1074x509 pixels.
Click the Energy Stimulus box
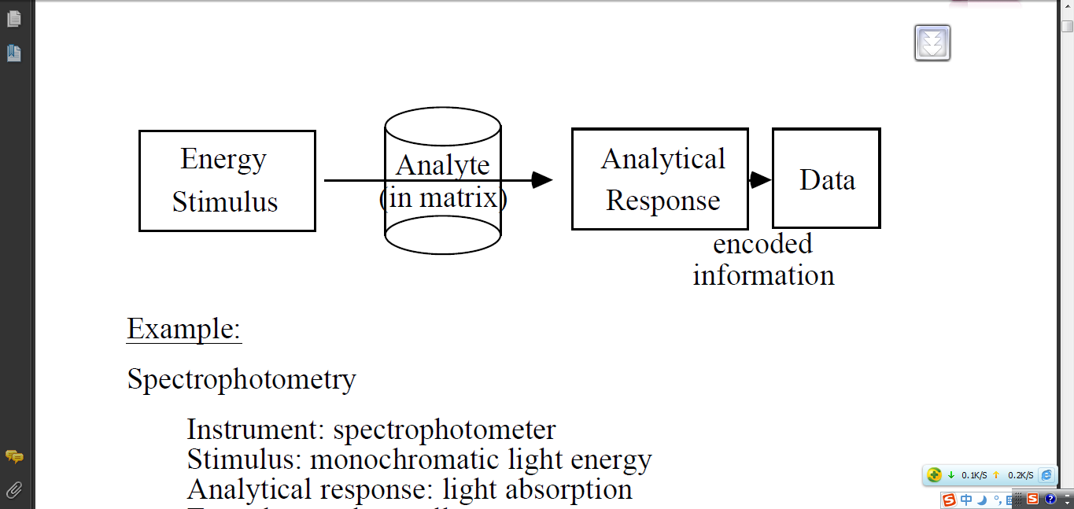pyautogui.click(x=227, y=181)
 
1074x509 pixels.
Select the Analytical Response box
pyautogui.click(x=659, y=179)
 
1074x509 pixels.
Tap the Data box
pyautogui.click(x=826, y=179)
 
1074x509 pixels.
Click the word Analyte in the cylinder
pyautogui.click(x=443, y=165)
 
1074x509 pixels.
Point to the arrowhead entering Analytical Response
pyautogui.click(x=542, y=180)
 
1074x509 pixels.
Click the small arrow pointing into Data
pyautogui.click(x=760, y=180)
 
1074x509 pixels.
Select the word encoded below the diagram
pyautogui.click(x=762, y=244)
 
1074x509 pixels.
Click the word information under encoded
pyautogui.click(x=763, y=275)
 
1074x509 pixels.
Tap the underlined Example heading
pyautogui.click(x=184, y=328)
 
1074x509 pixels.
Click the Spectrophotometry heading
pyautogui.click(x=242, y=379)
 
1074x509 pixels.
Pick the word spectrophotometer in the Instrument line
pyautogui.click(x=444, y=430)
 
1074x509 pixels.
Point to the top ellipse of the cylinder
pyautogui.click(x=443, y=126)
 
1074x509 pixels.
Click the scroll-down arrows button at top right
pyautogui.click(x=932, y=42)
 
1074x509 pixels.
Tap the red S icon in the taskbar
pyautogui.click(x=950, y=499)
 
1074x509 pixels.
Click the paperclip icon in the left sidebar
pyautogui.click(x=14, y=490)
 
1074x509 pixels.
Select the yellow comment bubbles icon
pyautogui.click(x=14, y=456)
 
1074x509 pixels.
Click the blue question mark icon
pyautogui.click(x=1050, y=499)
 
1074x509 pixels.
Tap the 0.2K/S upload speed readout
pyautogui.click(x=1020, y=475)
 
